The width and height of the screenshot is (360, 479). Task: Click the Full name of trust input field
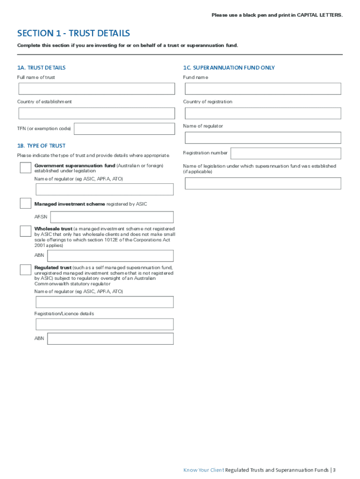(x=96, y=89)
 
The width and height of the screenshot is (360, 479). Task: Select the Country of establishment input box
(x=96, y=113)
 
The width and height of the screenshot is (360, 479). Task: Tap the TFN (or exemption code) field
(x=124, y=129)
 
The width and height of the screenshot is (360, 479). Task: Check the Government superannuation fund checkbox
(x=25, y=167)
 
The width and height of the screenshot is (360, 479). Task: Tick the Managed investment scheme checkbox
(x=25, y=203)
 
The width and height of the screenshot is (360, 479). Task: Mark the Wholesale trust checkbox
(x=25, y=231)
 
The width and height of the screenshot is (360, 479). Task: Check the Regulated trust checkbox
(x=25, y=270)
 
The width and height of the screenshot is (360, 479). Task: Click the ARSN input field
(x=112, y=217)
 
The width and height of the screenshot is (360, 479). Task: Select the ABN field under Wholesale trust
(x=110, y=256)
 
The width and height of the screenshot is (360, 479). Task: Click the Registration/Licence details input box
(x=104, y=324)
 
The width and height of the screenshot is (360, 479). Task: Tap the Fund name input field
(x=263, y=89)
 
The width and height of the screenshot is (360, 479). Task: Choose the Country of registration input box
(x=263, y=113)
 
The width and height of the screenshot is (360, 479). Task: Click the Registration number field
(x=286, y=153)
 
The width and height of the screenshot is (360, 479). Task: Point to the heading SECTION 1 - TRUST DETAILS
(x=73, y=33)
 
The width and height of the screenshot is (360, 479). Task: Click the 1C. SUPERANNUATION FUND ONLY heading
(x=229, y=68)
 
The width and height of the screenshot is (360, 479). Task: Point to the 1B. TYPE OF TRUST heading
(x=41, y=146)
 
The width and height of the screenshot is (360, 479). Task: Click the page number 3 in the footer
(x=334, y=470)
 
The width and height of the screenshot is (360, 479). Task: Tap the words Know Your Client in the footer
(x=204, y=470)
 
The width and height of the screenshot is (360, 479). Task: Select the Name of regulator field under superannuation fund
(x=263, y=138)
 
